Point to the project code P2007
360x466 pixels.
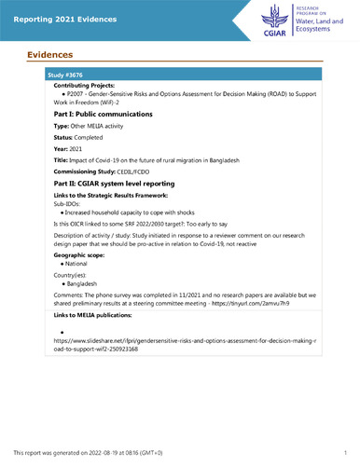pyautogui.click(x=73, y=94)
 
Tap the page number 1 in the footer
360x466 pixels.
pyautogui.click(x=344, y=452)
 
